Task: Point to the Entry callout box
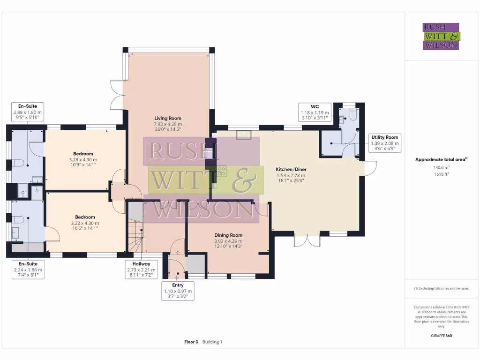(x=178, y=291)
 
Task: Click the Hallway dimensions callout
(x=142, y=270)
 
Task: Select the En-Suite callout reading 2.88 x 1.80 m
(x=28, y=112)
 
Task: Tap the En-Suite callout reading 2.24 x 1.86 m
(x=28, y=270)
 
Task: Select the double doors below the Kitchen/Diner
(x=307, y=240)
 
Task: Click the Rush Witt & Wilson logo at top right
(x=441, y=36)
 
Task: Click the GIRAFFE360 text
(x=441, y=336)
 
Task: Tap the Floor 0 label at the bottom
(x=192, y=342)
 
